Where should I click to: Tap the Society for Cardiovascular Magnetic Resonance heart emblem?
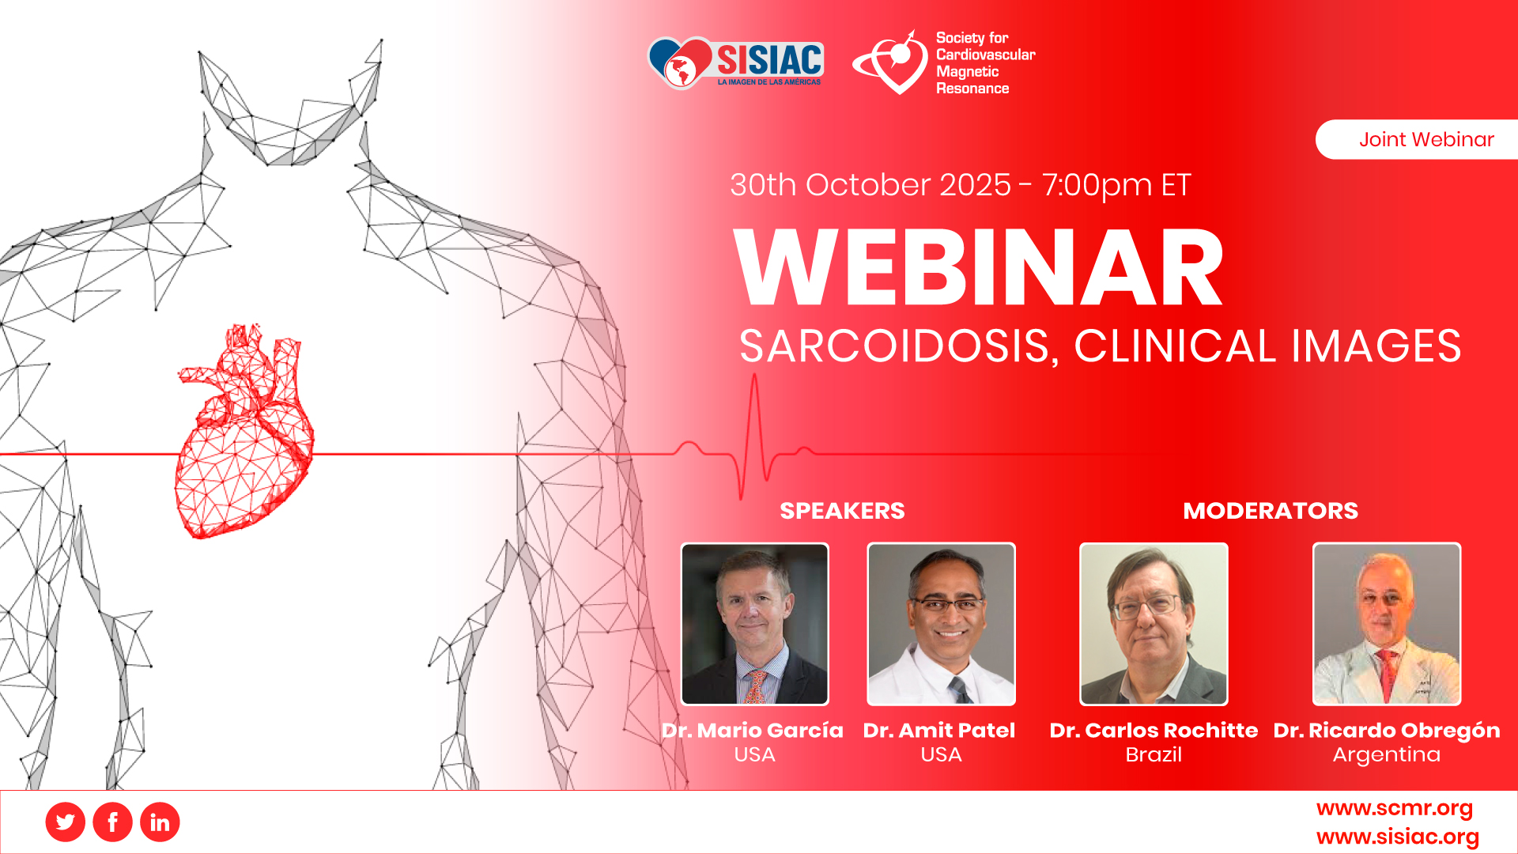(x=892, y=63)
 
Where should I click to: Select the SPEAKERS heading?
(x=842, y=511)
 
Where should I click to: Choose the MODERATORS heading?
(x=1271, y=511)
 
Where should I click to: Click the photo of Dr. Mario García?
(x=755, y=624)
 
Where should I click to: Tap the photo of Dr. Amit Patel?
(x=941, y=624)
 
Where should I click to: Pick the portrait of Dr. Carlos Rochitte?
(x=1154, y=624)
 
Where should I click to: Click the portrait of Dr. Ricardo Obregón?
(x=1387, y=624)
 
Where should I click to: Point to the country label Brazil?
(x=1154, y=754)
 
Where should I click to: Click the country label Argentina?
(x=1387, y=754)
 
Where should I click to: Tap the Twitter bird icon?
(x=66, y=822)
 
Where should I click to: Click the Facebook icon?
(x=113, y=822)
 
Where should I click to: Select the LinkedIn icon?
(x=160, y=822)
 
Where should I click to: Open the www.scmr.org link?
(x=1395, y=808)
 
